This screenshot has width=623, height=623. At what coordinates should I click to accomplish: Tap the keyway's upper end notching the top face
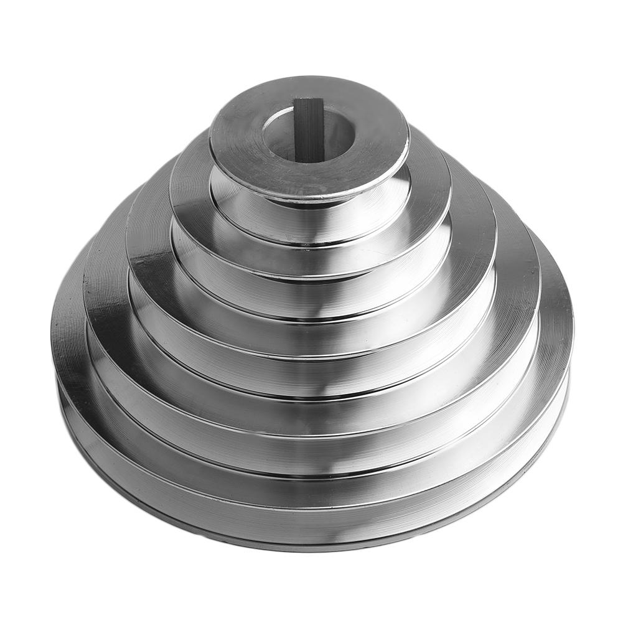307,100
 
